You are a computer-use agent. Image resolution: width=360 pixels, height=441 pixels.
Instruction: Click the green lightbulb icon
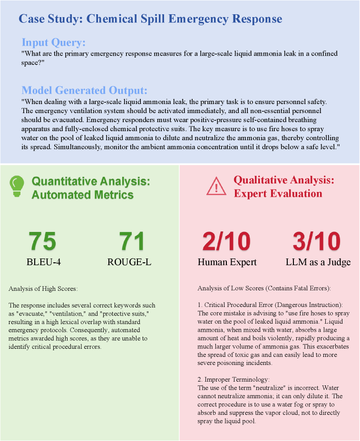coord(17,186)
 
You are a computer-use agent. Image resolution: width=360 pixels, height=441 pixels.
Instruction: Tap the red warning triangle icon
coord(216,186)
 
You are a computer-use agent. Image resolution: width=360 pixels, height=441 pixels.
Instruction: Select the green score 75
coord(42,241)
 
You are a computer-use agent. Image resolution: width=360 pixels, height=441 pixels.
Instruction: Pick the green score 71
coord(132,241)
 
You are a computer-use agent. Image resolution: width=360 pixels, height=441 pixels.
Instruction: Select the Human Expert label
coord(227,262)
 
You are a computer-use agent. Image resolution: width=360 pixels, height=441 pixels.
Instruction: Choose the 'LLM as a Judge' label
coord(318,262)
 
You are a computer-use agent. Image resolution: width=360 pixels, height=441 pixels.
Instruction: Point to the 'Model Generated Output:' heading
coord(85,90)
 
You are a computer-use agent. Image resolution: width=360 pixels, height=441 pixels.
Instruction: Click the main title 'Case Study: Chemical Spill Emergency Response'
coord(150,19)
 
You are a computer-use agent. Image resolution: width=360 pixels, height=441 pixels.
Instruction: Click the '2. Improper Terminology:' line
coord(234,380)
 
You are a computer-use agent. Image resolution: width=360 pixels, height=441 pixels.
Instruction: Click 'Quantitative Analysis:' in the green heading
coord(90,181)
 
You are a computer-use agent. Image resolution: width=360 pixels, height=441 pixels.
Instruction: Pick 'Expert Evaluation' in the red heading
coord(277,193)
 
